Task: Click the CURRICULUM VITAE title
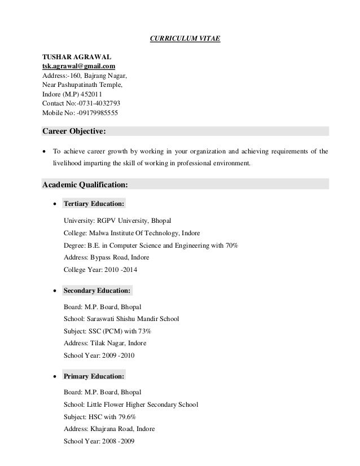pyautogui.click(x=179, y=38)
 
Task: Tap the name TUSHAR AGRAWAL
pyautogui.click(x=76, y=57)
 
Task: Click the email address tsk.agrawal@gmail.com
pyautogui.click(x=79, y=67)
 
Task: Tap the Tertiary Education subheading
pyautogui.click(x=94, y=203)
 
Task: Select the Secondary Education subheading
pyautogui.click(x=98, y=291)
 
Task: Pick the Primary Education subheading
pyautogui.click(x=94, y=376)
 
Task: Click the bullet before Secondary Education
pyautogui.click(x=54, y=291)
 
